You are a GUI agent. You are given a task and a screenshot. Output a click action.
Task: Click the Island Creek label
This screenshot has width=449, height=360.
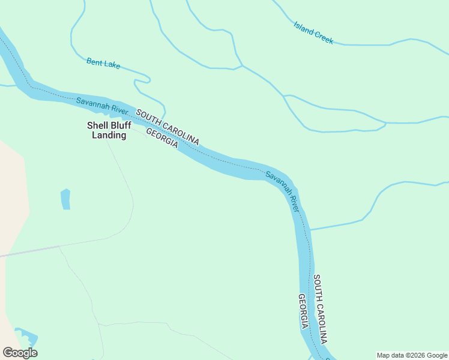[x=313, y=32]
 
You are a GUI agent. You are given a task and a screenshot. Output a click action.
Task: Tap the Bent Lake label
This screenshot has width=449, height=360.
[x=103, y=62]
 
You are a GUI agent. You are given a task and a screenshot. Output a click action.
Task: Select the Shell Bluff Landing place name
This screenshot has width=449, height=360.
[x=109, y=130]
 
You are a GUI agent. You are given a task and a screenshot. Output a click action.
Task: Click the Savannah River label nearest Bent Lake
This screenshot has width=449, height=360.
[x=103, y=106]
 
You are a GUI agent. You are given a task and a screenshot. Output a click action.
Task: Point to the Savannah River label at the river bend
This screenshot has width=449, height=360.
[x=282, y=191]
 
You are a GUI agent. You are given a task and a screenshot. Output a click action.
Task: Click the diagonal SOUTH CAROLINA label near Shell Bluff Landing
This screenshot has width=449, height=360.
[x=167, y=127]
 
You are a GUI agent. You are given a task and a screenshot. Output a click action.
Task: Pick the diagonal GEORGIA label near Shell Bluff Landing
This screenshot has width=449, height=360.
[x=162, y=139]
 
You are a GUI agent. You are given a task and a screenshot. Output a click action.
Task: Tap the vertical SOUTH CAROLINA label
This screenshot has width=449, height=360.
[x=320, y=308]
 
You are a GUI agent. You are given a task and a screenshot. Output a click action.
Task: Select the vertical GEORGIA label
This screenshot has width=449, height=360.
[x=304, y=311]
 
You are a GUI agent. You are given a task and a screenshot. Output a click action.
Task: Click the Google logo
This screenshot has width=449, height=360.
[x=20, y=353]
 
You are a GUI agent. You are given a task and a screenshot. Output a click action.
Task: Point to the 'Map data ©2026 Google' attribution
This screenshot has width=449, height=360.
[x=412, y=355]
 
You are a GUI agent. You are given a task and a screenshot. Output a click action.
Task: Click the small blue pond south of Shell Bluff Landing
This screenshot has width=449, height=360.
[x=65, y=199]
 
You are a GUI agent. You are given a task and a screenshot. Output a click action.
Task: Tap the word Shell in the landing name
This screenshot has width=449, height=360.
[x=97, y=125]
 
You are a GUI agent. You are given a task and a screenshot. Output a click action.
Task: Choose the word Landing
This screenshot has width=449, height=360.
[x=109, y=135]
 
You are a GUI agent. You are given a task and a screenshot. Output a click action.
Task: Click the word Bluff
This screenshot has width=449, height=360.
[x=120, y=125]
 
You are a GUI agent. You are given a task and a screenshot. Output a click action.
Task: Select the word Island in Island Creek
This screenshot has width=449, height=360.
[x=304, y=28]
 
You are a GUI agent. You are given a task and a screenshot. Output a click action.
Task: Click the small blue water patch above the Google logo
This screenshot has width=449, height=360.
[x=27, y=338]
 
